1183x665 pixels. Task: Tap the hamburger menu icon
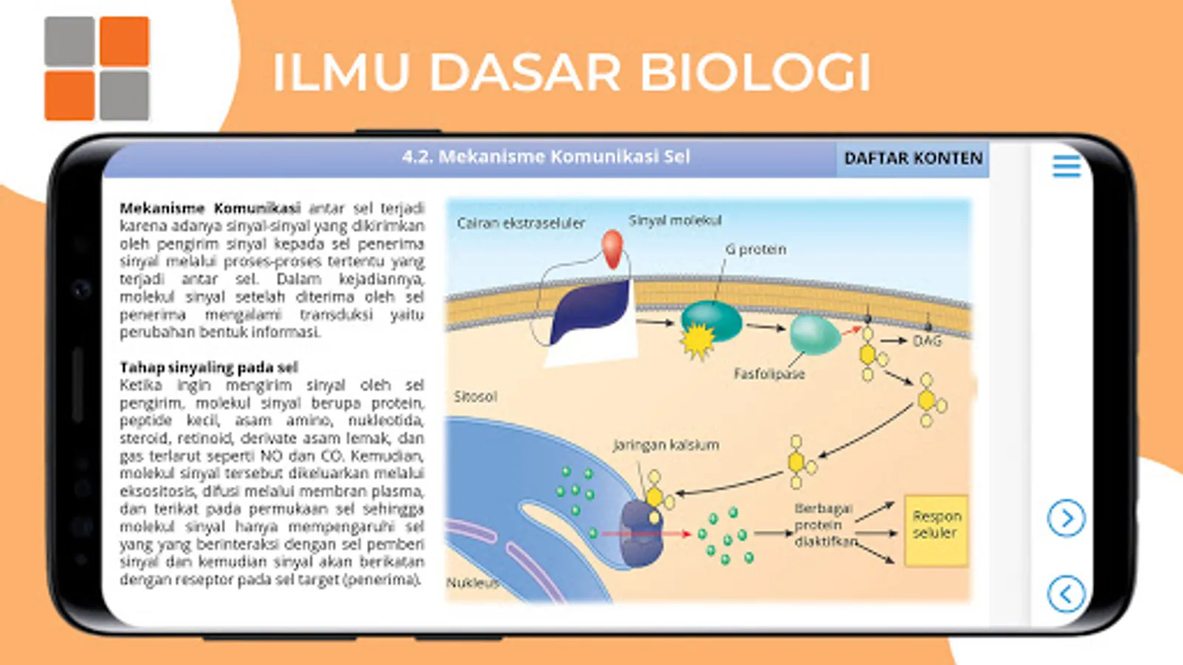coord(1066,166)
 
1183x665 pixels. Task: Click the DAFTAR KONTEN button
coord(913,158)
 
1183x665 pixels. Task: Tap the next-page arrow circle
coord(1066,518)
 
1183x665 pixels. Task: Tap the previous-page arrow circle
coord(1066,593)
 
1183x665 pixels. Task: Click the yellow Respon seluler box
coord(936,531)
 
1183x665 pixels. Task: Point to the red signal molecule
coord(612,249)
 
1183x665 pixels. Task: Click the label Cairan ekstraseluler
coord(521,223)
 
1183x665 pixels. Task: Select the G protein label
coord(756,250)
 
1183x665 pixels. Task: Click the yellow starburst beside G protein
coord(697,342)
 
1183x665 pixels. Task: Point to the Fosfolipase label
coord(769,374)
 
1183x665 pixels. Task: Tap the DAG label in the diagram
coord(927,341)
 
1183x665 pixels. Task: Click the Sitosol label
coord(475,397)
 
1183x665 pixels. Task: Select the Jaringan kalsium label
coord(665,445)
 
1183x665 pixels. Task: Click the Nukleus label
coord(472,582)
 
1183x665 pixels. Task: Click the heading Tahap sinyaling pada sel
coord(209,367)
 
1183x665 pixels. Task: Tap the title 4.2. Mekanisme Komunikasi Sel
coord(546,157)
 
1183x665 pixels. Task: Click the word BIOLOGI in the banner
coord(754,72)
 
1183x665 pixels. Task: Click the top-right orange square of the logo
coord(124,41)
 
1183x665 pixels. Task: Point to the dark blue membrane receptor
coord(591,313)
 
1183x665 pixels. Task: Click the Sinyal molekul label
coord(674,220)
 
